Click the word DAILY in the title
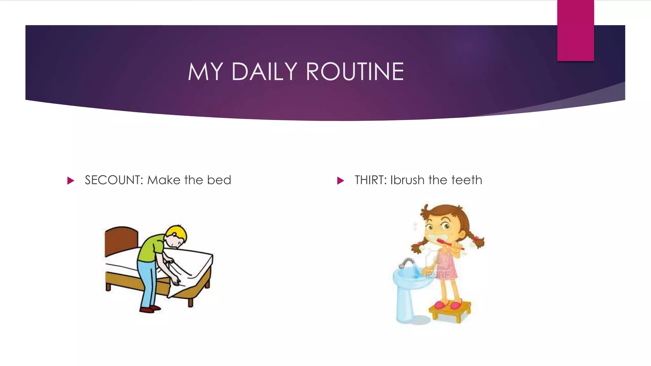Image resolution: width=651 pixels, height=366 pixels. tap(264, 71)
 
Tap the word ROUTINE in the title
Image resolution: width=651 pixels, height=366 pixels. tap(355, 71)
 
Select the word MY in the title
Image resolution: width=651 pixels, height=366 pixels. tap(205, 71)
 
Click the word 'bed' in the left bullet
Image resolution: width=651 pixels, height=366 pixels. tap(219, 180)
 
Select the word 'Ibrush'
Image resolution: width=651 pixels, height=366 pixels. tap(407, 180)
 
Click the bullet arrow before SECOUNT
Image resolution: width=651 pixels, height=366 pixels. tap(71, 181)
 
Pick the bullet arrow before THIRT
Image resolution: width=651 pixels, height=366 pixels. tap(340, 181)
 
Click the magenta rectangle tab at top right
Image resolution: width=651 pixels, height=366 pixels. tap(575, 30)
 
